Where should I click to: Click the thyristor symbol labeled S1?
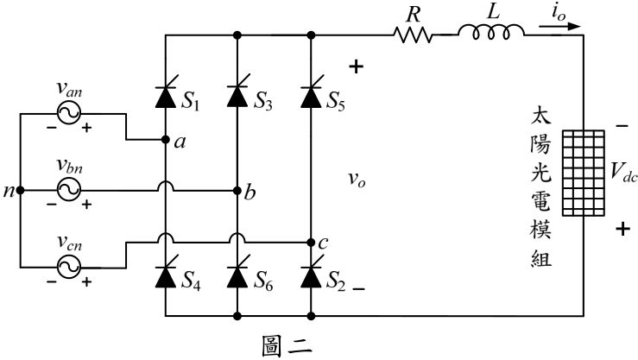(166, 97)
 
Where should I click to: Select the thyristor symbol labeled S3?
(237, 97)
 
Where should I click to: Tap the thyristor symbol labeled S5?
(311, 97)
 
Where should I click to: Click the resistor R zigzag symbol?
(413, 35)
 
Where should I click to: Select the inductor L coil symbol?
(491, 32)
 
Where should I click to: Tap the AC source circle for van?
(69, 113)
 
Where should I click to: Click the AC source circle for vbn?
(69, 190)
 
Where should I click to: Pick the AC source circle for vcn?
(69, 268)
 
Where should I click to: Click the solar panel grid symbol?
(584, 173)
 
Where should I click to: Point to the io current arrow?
(559, 27)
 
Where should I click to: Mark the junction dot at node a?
(166, 140)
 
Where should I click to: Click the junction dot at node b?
(237, 191)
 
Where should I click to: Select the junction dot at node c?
(311, 243)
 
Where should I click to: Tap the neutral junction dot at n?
(21, 191)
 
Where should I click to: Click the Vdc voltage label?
(623, 173)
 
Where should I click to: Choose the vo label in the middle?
(357, 179)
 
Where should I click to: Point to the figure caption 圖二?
(287, 346)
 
